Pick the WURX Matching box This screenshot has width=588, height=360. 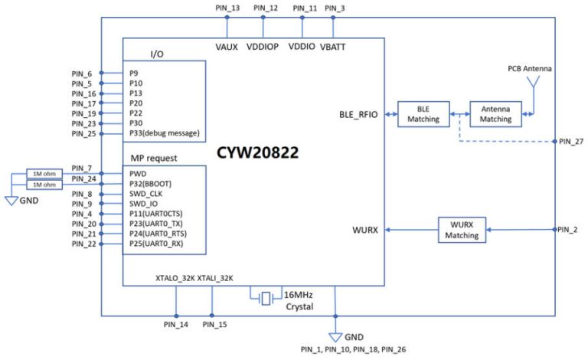(462, 230)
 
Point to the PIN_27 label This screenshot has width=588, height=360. (570, 142)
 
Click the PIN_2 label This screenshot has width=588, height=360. (567, 230)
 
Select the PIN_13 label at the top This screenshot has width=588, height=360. (228, 8)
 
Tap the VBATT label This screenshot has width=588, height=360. (333, 47)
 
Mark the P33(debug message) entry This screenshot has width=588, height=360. (164, 133)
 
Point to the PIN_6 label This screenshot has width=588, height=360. (82, 74)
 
